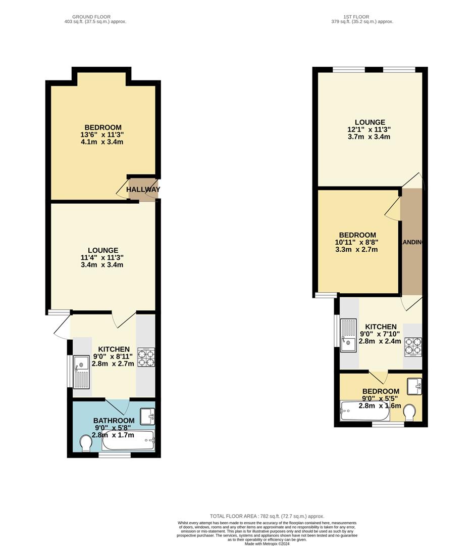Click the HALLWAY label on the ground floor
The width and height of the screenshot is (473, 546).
(x=143, y=190)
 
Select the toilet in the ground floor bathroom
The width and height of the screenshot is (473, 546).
(x=86, y=443)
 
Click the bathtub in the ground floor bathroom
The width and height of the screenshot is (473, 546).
(x=128, y=441)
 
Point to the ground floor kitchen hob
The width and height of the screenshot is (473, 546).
(x=146, y=357)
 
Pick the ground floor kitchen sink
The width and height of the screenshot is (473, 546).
(x=81, y=372)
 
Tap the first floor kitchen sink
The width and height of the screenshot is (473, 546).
(x=348, y=335)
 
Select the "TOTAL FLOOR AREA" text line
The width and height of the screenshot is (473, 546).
(x=267, y=516)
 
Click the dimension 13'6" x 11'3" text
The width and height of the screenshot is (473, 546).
(x=103, y=134)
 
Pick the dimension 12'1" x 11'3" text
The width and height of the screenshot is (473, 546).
(x=370, y=129)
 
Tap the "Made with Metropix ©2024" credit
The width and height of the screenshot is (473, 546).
(x=268, y=543)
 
